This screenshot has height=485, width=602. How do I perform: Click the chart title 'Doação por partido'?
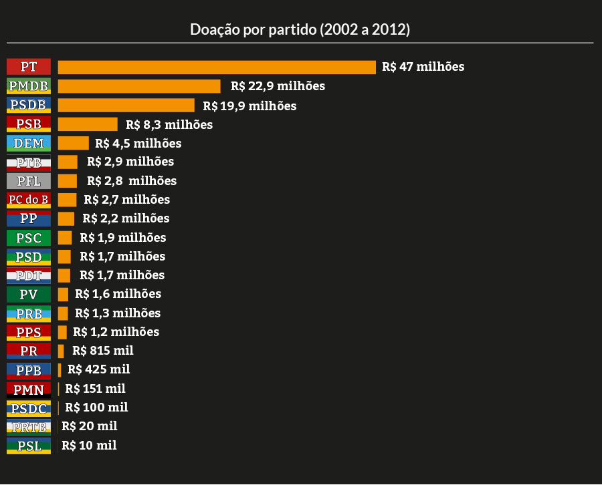point(300,29)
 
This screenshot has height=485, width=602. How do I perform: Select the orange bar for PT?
point(217,67)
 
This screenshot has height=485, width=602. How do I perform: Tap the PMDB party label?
point(29,86)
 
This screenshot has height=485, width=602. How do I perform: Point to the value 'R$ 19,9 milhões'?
point(249,106)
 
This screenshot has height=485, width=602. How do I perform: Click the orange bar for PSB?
point(88,124)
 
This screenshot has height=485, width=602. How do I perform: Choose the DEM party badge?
point(29,143)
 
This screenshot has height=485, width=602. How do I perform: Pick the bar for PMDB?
point(139,86)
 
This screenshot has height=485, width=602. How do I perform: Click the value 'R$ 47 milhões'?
point(423,67)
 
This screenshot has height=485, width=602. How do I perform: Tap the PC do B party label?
point(29,199)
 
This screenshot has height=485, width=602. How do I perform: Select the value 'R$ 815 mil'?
point(103,351)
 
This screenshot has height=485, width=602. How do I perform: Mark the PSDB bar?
point(126,106)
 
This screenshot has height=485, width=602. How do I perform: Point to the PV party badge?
point(29,294)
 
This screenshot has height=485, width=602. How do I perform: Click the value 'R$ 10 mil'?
point(89,445)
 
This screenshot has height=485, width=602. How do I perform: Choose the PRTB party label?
point(29,427)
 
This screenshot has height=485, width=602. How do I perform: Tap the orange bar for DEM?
point(73,143)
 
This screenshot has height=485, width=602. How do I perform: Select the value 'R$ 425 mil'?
point(98,369)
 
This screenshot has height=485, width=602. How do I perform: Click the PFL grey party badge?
point(29,180)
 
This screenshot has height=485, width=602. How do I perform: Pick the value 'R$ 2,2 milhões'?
point(126,218)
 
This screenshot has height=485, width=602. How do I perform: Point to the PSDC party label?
point(29,408)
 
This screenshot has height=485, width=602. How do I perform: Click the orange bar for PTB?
point(68,162)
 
